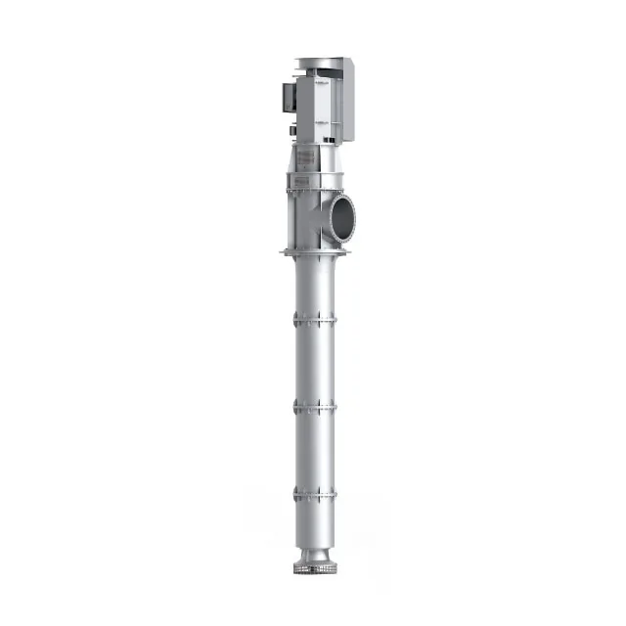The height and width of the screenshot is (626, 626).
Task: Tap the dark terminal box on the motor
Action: [x=286, y=96]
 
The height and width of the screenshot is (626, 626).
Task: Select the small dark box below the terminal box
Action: [x=291, y=127]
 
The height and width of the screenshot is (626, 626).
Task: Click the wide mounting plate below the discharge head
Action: [x=313, y=253]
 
